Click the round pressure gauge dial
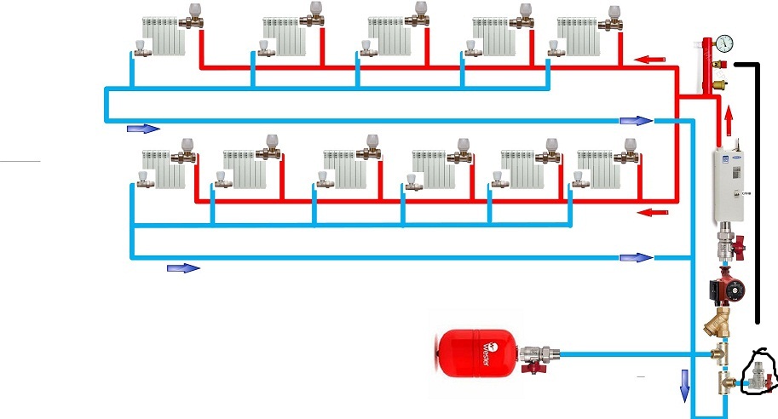click(x=724, y=43)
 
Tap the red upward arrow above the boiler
click(x=729, y=116)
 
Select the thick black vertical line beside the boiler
click(x=757, y=196)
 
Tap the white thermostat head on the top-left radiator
click(x=194, y=11)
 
